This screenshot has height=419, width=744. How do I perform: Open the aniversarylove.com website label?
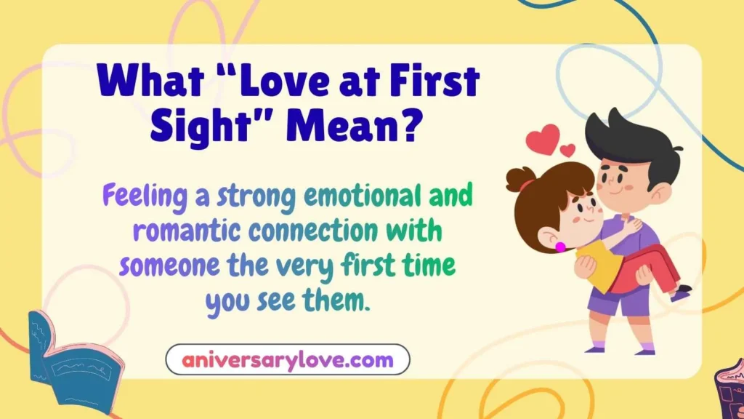288,359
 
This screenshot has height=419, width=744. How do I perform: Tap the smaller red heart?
567,151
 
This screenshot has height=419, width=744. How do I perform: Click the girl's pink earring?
560,247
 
